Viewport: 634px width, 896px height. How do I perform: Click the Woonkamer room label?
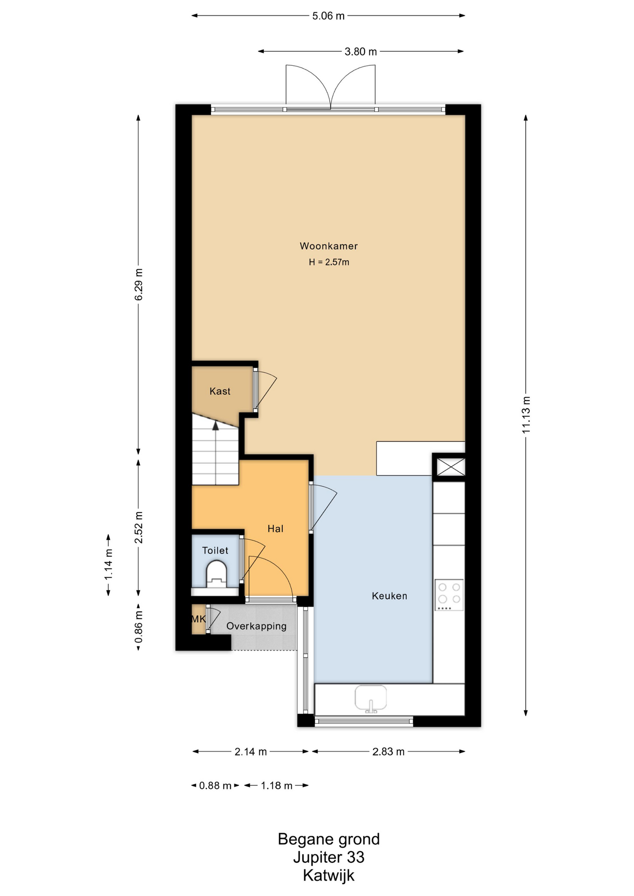[329, 246]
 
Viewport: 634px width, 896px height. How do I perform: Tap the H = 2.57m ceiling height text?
[329, 262]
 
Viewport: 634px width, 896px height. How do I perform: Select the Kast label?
[220, 391]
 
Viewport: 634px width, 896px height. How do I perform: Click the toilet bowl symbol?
[217, 574]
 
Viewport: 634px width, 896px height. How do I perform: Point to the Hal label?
[275, 529]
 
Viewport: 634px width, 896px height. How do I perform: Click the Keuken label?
[389, 596]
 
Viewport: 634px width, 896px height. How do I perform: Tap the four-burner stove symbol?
[449, 595]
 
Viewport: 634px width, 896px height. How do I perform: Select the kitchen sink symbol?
[371, 699]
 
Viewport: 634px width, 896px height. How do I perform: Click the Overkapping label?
[256, 626]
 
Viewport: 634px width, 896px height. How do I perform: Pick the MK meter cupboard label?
[199, 619]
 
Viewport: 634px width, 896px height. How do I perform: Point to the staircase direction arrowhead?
[216, 425]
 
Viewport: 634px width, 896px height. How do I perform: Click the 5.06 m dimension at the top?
[328, 16]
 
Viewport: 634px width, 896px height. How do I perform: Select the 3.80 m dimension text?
[361, 52]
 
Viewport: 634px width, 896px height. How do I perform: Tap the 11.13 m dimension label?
[526, 415]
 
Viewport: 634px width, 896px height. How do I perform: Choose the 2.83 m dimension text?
[388, 752]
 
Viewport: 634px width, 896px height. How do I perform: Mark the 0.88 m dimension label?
[215, 786]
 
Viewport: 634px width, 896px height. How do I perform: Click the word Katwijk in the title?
[329, 875]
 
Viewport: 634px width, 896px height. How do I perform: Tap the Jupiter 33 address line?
[329, 857]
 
